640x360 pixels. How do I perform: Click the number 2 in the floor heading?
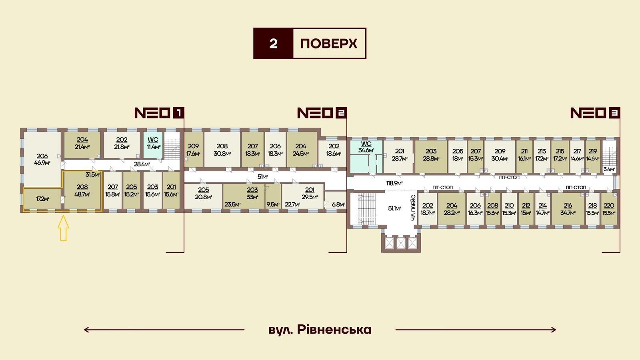pyautogui.click(x=274, y=44)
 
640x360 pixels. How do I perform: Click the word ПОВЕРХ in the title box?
pyautogui.click(x=328, y=44)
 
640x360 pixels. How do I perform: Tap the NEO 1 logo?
pyautogui.click(x=159, y=113)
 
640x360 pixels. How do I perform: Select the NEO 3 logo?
pyautogui.click(x=595, y=113)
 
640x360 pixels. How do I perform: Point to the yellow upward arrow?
pyautogui.click(x=63, y=228)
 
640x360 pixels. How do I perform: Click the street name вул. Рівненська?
pyautogui.click(x=320, y=330)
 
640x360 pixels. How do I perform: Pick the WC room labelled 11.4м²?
pyautogui.click(x=153, y=145)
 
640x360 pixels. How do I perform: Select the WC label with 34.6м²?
pyautogui.click(x=366, y=147)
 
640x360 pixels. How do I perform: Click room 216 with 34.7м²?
pyautogui.click(x=568, y=209)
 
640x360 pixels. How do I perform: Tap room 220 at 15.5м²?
pyautogui.click(x=609, y=209)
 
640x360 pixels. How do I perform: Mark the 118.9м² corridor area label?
pyautogui.click(x=394, y=183)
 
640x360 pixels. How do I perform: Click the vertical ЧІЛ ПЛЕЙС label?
pyautogui.click(x=414, y=208)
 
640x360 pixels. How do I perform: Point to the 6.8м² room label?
pyautogui.click(x=338, y=204)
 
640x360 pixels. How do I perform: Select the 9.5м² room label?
pyautogui.click(x=273, y=204)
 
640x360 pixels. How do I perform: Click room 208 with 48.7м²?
pyautogui.click(x=82, y=190)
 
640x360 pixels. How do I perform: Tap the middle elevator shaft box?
pyautogui.click(x=401, y=243)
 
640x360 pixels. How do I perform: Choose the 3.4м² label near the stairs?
pyautogui.click(x=609, y=169)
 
